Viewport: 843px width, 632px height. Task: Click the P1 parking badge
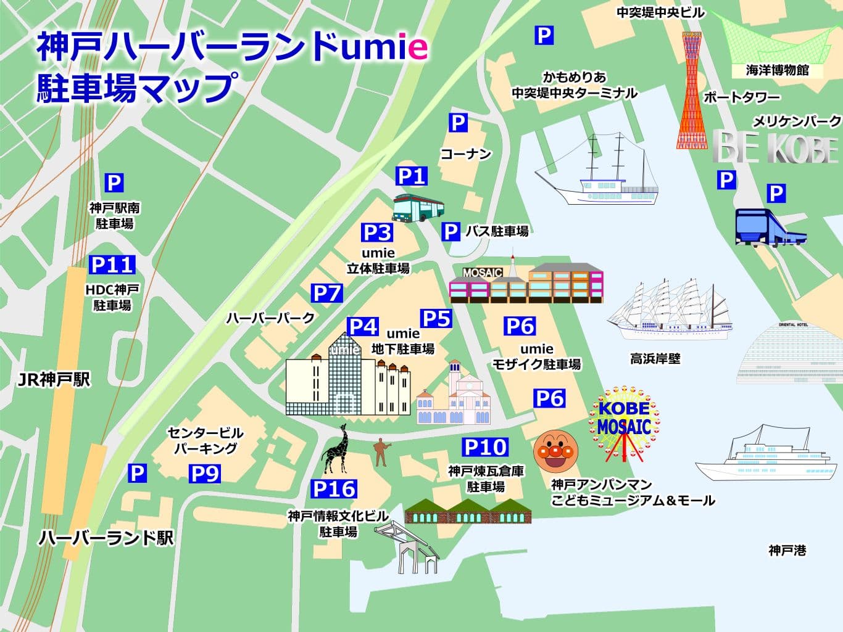click(x=412, y=176)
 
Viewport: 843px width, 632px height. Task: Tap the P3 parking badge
click(x=377, y=232)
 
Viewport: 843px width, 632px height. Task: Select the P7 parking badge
click(x=326, y=293)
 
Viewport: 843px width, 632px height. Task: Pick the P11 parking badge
click(x=112, y=265)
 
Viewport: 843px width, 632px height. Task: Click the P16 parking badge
click(x=334, y=489)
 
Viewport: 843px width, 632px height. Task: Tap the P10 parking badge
click(x=485, y=447)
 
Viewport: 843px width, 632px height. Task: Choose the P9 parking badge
click(x=204, y=474)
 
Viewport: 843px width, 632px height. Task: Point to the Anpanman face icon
click(x=555, y=452)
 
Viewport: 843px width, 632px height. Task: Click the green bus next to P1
click(x=418, y=208)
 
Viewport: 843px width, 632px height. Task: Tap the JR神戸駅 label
click(x=54, y=379)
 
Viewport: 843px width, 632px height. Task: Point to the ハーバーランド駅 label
click(x=106, y=538)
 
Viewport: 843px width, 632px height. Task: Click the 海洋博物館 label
click(x=777, y=70)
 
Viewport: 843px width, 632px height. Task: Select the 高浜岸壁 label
click(x=655, y=358)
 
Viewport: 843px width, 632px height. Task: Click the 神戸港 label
click(x=787, y=550)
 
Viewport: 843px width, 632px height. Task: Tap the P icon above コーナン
click(x=457, y=123)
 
